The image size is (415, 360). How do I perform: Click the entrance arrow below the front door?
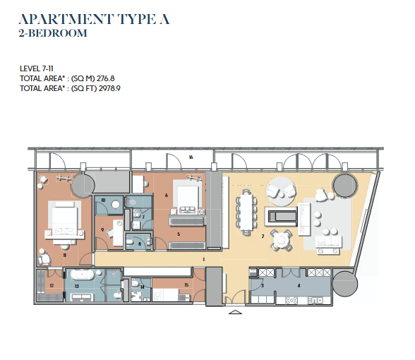(235, 312)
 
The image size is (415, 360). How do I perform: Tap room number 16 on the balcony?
(191, 157)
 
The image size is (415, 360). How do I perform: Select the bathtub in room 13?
(82, 275)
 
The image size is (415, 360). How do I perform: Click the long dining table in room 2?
(246, 212)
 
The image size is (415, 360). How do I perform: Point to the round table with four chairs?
(281, 240)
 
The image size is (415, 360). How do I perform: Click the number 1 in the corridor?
(203, 260)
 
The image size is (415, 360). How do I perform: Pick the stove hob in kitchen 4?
(291, 300)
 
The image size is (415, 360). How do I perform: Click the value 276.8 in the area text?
(106, 78)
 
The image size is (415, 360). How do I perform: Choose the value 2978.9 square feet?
(109, 88)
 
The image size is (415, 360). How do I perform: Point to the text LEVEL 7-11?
(37, 69)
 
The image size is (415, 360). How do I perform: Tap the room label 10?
(103, 200)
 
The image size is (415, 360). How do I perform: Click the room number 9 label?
(102, 230)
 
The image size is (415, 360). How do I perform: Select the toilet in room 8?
(131, 243)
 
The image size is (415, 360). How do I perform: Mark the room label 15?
(186, 285)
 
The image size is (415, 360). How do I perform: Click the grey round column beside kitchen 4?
(345, 284)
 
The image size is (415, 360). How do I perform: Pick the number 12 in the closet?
(52, 286)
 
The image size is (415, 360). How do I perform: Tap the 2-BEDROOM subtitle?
(53, 33)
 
